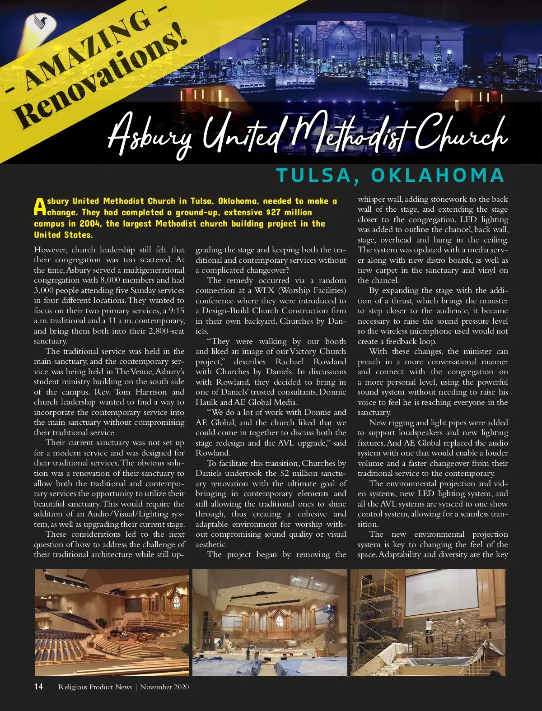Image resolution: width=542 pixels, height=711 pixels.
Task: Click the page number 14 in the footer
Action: pyautogui.click(x=38, y=687)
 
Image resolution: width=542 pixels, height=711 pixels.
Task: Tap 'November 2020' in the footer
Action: pyautogui.click(x=164, y=687)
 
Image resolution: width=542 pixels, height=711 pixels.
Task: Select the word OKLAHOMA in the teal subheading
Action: pyautogui.click(x=437, y=175)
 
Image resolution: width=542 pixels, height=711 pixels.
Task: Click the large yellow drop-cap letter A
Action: pyautogui.click(x=40, y=207)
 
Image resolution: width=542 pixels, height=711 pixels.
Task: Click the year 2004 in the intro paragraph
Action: pyautogui.click(x=90, y=223)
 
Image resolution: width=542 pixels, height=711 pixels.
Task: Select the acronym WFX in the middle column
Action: pyautogui.click(x=264, y=290)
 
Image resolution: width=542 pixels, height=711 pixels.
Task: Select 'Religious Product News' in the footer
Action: pyautogui.click(x=95, y=687)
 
